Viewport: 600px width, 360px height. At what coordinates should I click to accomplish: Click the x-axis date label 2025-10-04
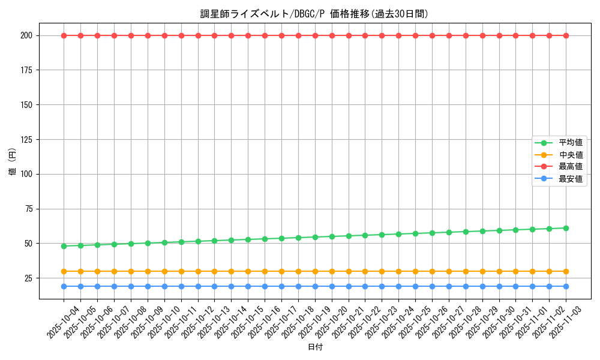pos(62,323)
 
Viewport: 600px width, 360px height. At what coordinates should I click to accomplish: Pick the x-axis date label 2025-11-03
pos(565,323)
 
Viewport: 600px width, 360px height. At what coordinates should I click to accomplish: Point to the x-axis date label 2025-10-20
pos(331,323)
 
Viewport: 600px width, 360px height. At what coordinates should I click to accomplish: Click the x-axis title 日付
pos(315,347)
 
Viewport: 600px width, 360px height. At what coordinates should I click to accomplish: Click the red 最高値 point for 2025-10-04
pos(64,35)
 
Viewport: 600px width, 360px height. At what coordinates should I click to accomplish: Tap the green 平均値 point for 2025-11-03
pos(566,228)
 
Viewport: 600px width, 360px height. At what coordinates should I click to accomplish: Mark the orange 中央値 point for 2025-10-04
pos(64,271)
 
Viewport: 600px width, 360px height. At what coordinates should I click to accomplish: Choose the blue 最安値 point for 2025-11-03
pos(566,286)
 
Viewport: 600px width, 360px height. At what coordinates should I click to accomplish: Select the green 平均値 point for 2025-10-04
pos(64,246)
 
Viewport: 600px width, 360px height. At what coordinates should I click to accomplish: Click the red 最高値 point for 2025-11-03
pos(566,35)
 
